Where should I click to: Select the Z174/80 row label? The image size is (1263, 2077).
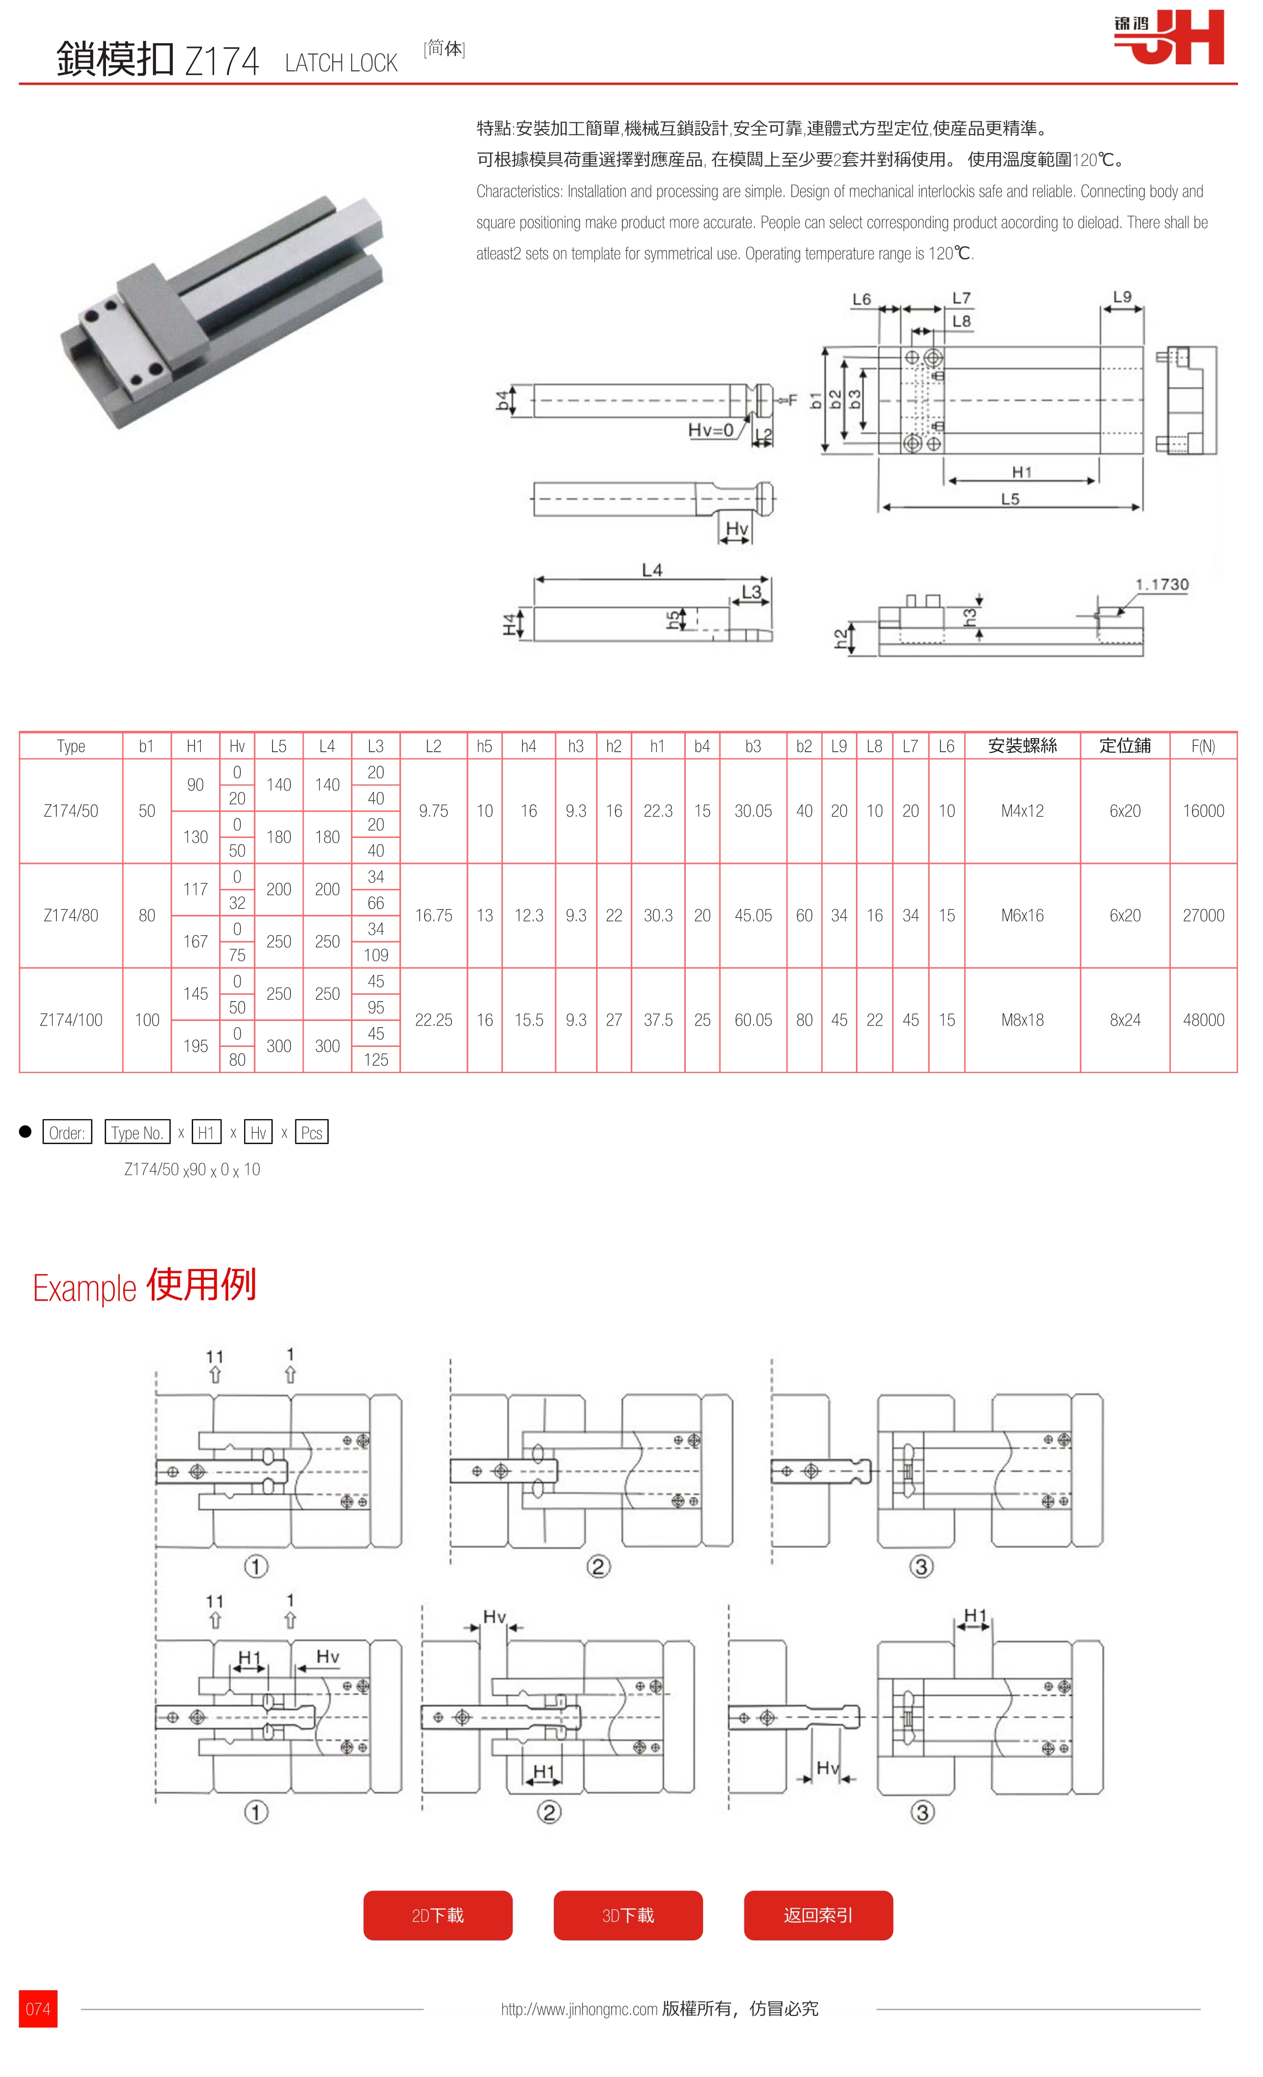[x=71, y=915]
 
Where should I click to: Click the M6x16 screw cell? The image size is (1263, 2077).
[x=1022, y=915]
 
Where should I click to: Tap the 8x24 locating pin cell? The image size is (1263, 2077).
[x=1125, y=1020]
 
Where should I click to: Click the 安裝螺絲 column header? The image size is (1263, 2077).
[x=1022, y=746]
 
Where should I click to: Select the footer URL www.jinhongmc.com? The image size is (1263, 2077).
[x=580, y=2010]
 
